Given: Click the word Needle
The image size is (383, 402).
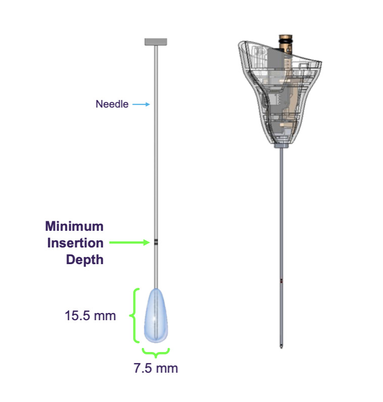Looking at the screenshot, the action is pos(112,104).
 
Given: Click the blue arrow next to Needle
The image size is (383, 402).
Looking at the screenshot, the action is pos(141,104).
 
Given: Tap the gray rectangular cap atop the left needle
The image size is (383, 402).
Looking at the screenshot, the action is pos(156,42).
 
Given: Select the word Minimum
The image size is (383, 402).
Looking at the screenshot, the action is pos(74,226).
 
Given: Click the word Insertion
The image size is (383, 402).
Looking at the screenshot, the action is pos(75,243).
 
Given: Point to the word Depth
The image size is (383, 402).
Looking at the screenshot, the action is pos(85,260).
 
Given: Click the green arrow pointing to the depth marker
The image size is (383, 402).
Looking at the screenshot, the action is pos(129,242).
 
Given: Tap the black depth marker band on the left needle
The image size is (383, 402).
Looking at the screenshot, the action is pos(156,242).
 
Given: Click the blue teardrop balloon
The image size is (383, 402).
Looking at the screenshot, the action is pos(156,315).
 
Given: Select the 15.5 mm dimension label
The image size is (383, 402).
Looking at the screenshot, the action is pos(90,316).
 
